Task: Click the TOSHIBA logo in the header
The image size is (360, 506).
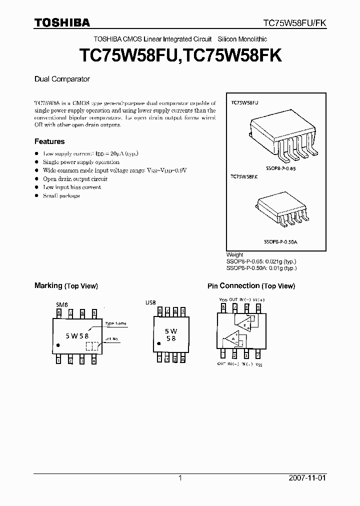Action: pyautogui.click(x=62, y=22)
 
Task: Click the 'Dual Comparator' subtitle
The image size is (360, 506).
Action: pyautogui.click(x=62, y=79)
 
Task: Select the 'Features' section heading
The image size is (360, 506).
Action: pyautogui.click(x=49, y=141)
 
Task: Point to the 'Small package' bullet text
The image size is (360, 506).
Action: pyautogui.click(x=61, y=195)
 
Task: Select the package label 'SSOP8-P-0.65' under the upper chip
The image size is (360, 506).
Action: pyautogui.click(x=281, y=169)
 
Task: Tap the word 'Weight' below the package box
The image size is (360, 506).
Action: pyautogui.click(x=235, y=254)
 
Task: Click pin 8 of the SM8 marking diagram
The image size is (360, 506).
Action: pyautogui.click(x=59, y=312)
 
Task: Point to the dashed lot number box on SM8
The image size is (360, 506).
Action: pyautogui.click(x=92, y=346)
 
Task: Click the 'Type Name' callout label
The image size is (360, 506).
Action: pyautogui.click(x=116, y=323)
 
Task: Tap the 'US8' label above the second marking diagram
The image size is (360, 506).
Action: pyautogui.click(x=150, y=302)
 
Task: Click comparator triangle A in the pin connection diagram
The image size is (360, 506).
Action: pyautogui.click(x=231, y=340)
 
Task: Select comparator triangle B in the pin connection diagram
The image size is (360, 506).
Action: pyautogui.click(x=245, y=323)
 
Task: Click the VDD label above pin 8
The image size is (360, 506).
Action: pyautogui.click(x=223, y=299)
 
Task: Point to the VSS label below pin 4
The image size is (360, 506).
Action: pyautogui.click(x=258, y=364)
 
